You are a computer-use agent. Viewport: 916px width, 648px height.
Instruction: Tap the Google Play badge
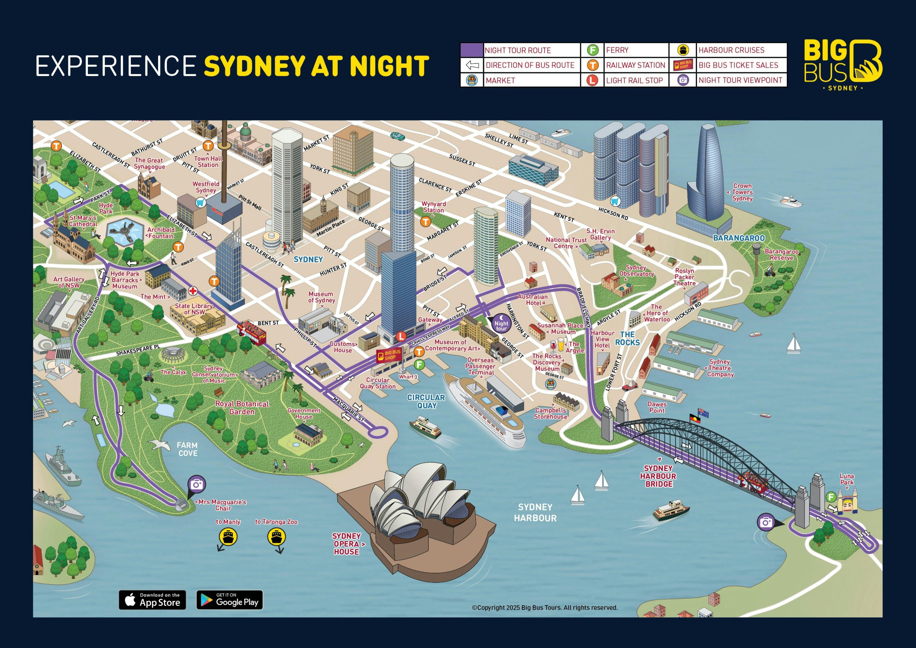(230, 600)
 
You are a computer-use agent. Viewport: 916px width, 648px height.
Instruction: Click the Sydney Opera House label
(347, 544)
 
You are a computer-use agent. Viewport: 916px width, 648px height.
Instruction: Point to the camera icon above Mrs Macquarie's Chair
(197, 484)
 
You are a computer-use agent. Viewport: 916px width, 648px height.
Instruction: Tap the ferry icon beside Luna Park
(831, 497)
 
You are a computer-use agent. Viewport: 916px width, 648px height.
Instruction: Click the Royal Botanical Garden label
(242, 408)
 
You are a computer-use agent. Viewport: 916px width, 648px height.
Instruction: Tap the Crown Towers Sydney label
(742, 192)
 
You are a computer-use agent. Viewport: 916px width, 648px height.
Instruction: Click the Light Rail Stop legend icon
(592, 80)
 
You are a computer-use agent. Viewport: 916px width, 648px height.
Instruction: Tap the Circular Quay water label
(426, 401)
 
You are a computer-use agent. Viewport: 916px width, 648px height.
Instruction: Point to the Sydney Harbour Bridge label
(658, 476)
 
